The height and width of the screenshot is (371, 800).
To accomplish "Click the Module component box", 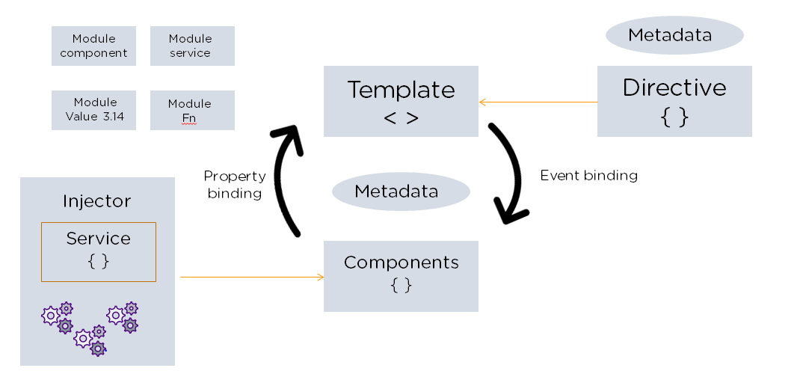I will [93, 46].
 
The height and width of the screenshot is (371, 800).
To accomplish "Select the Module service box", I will [192, 46].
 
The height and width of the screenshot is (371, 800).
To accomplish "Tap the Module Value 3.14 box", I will [93, 110].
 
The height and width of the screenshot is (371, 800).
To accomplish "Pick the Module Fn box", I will [192, 110].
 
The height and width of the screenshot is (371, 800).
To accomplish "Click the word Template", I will [401, 91].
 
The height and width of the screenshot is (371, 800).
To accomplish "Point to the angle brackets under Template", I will [401, 118].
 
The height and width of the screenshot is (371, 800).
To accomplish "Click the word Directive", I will [674, 88].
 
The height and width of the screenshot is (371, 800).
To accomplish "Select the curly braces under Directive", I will [674, 117].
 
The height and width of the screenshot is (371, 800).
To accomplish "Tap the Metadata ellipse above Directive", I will [674, 35].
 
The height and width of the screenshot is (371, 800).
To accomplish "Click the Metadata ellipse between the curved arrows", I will [401, 191].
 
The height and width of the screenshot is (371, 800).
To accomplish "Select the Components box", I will [401, 275].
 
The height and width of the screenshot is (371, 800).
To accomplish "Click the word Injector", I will [97, 201].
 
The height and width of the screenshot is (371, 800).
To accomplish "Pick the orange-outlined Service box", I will [99, 251].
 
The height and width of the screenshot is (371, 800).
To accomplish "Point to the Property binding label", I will [234, 185].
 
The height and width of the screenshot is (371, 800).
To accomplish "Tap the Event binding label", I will [588, 176].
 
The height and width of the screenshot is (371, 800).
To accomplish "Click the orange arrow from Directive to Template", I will [538, 102].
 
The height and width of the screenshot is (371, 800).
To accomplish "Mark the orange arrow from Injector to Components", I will [252, 278].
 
